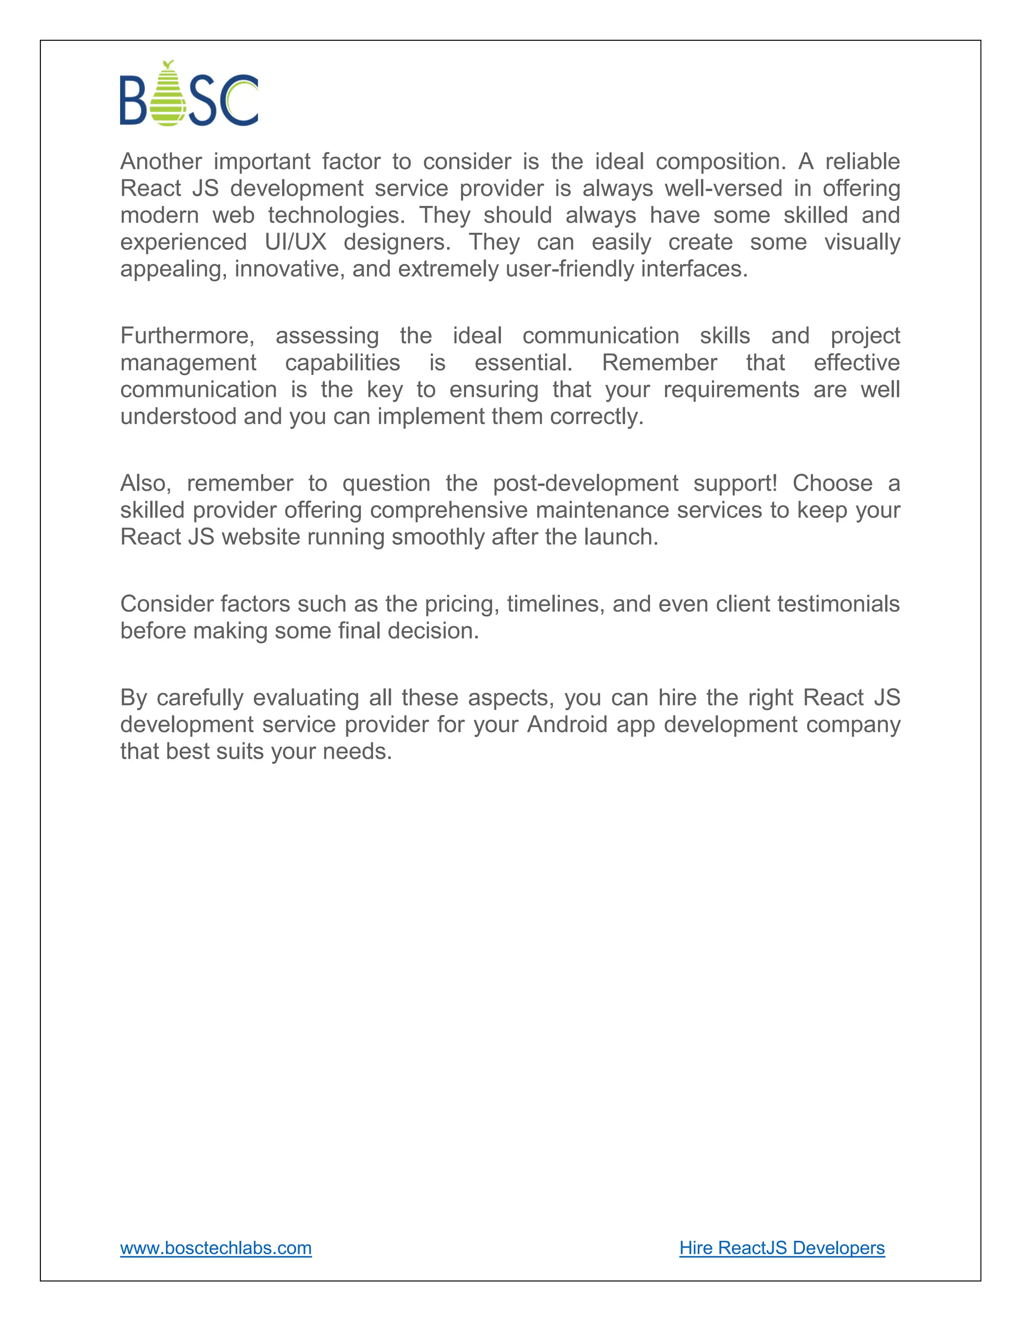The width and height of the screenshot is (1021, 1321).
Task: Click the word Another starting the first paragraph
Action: [161, 162]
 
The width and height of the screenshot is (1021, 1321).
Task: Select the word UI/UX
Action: [295, 242]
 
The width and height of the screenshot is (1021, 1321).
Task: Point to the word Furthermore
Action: [187, 335]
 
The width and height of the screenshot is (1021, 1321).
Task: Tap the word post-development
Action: [585, 483]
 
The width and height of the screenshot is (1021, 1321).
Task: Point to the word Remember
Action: [659, 363]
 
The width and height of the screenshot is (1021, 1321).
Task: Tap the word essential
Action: [522, 363]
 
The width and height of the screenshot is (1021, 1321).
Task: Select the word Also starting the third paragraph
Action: [145, 483]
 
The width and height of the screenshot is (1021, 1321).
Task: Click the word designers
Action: [397, 242]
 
